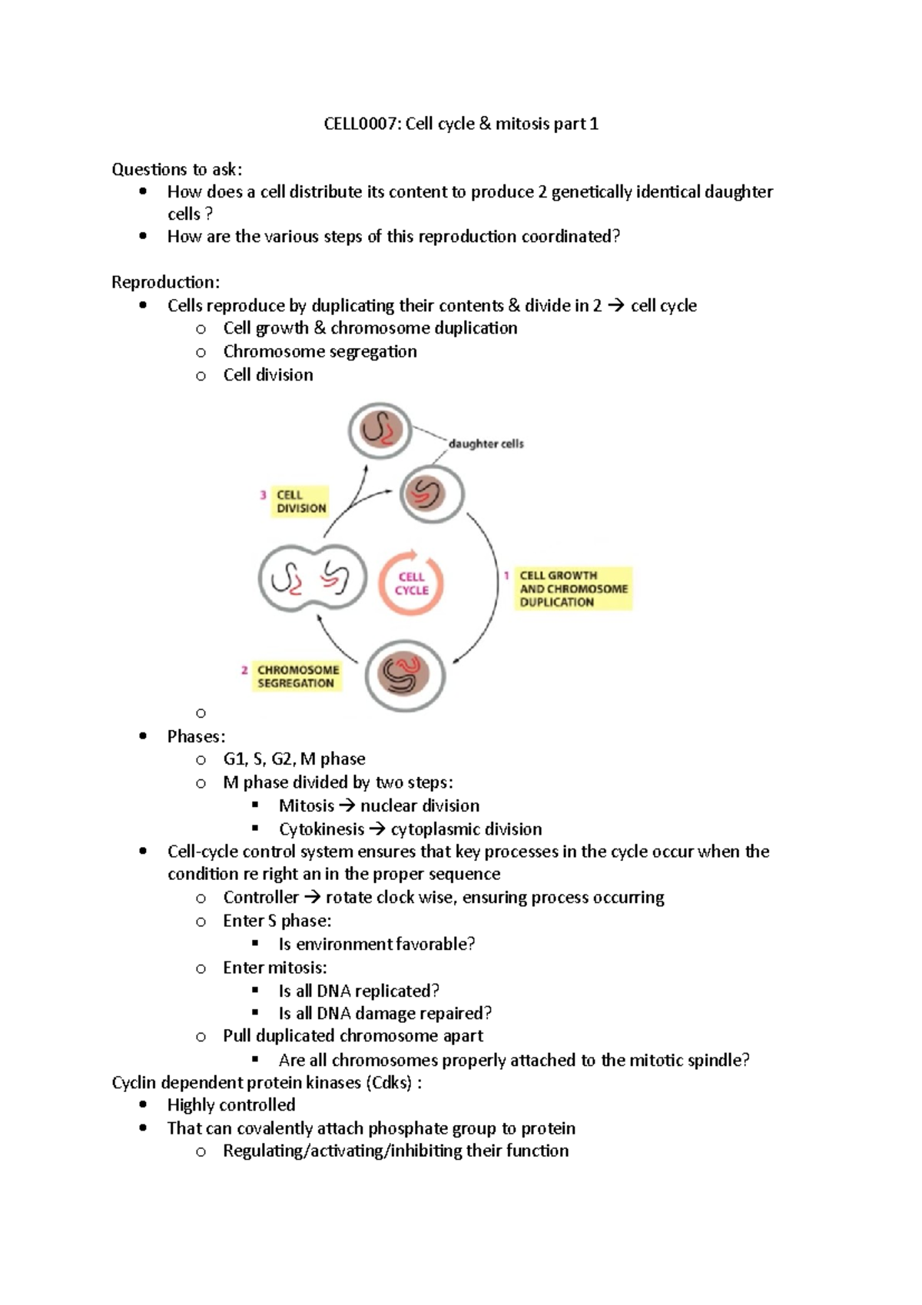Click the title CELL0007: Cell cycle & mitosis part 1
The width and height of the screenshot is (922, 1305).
[460, 124]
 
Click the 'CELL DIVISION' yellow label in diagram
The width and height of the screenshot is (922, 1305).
[300, 501]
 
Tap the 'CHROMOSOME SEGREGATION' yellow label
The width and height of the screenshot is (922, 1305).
[297, 676]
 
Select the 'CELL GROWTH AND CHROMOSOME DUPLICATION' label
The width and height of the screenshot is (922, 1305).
[573, 589]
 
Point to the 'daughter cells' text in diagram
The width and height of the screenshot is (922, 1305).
[486, 443]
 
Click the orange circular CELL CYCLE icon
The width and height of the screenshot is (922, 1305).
[411, 583]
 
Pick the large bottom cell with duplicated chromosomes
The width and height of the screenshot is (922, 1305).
[405, 676]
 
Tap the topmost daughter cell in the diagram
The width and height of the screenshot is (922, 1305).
[380, 430]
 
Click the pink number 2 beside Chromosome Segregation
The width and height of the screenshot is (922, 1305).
[244, 670]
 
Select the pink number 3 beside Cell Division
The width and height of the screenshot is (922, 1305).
[263, 495]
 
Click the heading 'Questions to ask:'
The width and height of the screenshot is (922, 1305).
[177, 169]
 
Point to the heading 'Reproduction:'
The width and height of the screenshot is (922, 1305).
[165, 282]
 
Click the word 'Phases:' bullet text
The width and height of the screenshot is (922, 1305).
[196, 736]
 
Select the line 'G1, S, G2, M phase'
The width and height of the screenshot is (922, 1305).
[294, 759]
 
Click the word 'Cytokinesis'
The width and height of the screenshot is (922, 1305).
[321, 829]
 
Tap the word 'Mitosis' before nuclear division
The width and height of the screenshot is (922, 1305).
[306, 805]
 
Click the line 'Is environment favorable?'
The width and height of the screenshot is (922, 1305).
[376, 944]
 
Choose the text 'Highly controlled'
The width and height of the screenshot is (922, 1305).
[231, 1105]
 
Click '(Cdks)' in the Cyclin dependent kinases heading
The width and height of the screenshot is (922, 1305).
[390, 1083]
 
